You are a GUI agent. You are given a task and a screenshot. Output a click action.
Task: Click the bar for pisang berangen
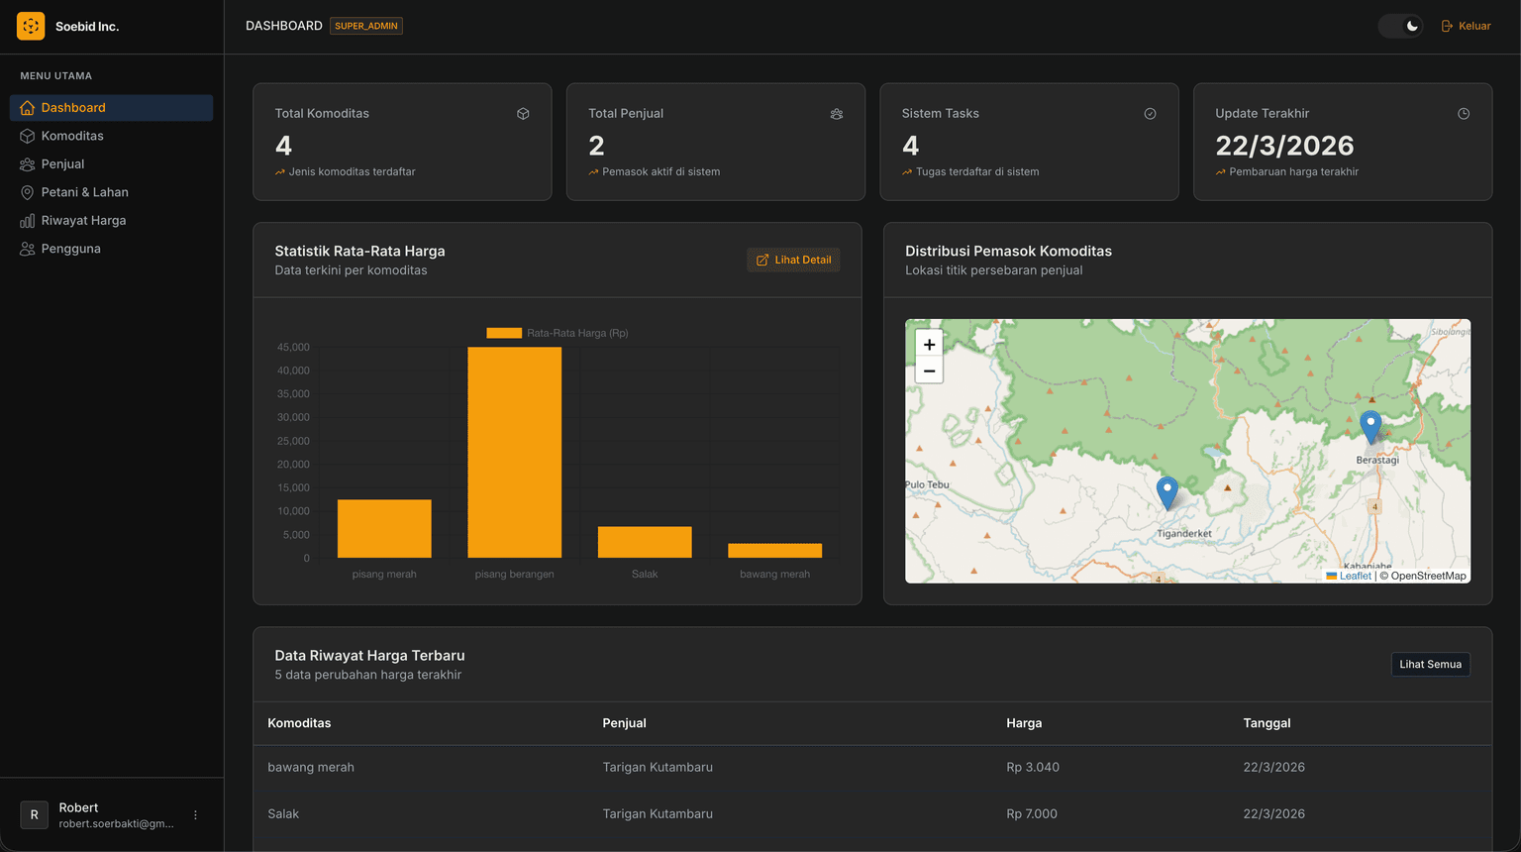pyautogui.click(x=514, y=453)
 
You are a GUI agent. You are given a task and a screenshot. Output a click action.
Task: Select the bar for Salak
pyautogui.click(x=645, y=542)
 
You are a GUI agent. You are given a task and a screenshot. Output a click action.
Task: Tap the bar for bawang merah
pyautogui.click(x=774, y=551)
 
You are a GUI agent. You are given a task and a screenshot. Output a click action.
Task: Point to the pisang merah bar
pyautogui.click(x=384, y=529)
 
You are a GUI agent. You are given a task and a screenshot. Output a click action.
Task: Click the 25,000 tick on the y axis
pyautogui.click(x=293, y=441)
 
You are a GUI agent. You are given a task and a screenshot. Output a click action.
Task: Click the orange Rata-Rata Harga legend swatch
pyautogui.click(x=504, y=333)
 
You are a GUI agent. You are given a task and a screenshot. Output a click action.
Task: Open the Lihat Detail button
pyautogui.click(x=793, y=260)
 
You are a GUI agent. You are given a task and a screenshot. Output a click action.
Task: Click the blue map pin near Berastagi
pyautogui.click(x=1370, y=427)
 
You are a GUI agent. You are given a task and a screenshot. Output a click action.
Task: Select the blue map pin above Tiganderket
pyautogui.click(x=1166, y=493)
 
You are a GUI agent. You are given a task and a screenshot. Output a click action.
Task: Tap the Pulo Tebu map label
pyautogui.click(x=928, y=484)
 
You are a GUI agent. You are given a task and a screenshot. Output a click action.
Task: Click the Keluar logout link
pyautogui.click(x=1466, y=26)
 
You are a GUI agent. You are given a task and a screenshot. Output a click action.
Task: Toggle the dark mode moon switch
pyautogui.click(x=1400, y=26)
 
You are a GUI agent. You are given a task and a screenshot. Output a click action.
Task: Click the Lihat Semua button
pyautogui.click(x=1430, y=664)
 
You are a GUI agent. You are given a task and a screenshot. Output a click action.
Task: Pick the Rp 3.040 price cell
pyautogui.click(x=1032, y=767)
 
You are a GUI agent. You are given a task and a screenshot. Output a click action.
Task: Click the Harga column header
pyautogui.click(x=1024, y=723)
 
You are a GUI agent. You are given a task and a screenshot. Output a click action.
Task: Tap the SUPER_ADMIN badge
pyautogui.click(x=366, y=26)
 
